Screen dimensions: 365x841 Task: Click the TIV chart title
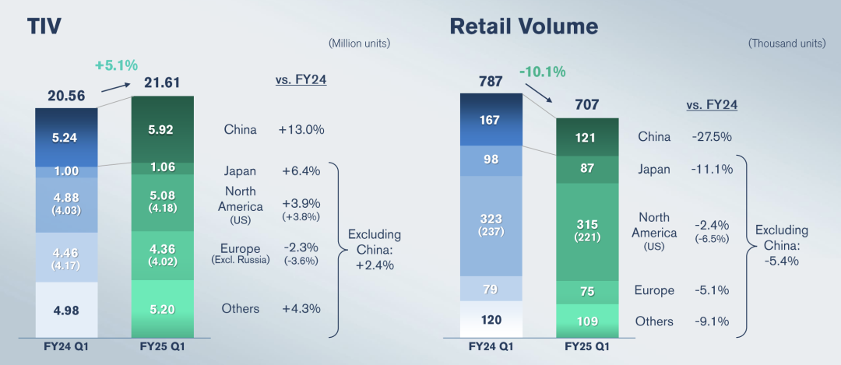click(44, 26)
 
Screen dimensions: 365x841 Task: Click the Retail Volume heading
click(523, 26)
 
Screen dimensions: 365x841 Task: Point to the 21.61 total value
click(163, 82)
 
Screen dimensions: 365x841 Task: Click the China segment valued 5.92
click(163, 129)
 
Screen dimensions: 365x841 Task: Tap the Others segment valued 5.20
click(163, 308)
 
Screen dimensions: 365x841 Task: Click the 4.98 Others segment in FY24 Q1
click(66, 309)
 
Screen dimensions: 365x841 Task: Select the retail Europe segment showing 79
click(491, 290)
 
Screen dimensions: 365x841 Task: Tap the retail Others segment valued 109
click(587, 321)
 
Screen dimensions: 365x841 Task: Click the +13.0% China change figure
click(301, 130)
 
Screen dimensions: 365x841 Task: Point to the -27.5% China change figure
click(709, 136)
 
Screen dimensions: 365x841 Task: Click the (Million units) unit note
click(359, 42)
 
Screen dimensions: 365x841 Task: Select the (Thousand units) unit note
click(786, 44)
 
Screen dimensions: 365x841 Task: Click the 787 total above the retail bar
click(490, 80)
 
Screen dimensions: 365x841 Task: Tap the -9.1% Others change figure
click(709, 321)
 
